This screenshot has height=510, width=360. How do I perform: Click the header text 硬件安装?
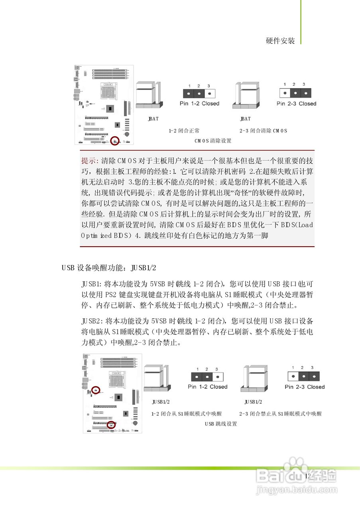tap(281, 41)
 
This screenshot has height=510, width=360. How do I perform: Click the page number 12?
tap(307, 476)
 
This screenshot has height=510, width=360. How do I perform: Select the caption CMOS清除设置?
tap(213, 141)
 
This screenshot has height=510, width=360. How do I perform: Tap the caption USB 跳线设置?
tap(221, 424)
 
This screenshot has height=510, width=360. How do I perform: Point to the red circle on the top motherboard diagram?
tap(115, 140)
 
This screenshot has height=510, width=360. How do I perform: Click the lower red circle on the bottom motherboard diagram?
tap(111, 425)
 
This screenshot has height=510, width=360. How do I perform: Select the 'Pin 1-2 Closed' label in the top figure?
tap(199, 104)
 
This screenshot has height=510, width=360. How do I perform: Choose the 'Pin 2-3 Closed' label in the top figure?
tap(296, 104)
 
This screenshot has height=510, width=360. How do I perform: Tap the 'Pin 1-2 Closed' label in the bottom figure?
tap(207, 387)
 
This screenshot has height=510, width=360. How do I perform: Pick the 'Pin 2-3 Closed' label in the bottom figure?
tap(305, 387)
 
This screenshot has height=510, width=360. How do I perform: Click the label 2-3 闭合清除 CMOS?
tap(263, 131)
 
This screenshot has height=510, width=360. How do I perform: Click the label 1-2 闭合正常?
tap(184, 131)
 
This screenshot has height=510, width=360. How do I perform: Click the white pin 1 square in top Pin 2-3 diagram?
tap(284, 93)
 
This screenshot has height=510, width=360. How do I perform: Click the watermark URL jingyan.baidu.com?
tap(295, 489)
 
